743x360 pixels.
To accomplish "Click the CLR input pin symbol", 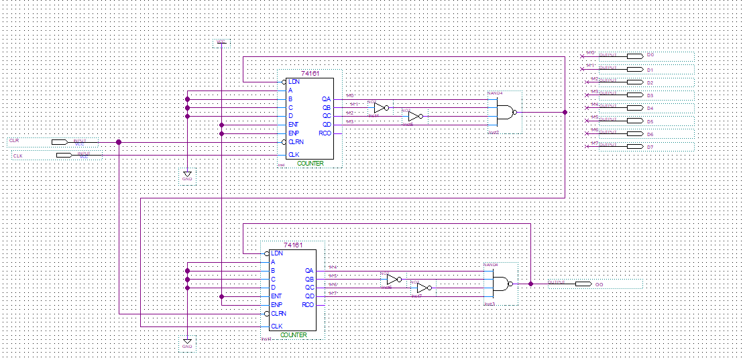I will pyautogui.click(x=60, y=142).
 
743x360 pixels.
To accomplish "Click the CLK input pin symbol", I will pyautogui.click(x=64, y=155).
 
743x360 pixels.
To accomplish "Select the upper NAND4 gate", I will pyautogui.click(x=506, y=112).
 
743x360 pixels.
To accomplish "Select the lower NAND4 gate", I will pyautogui.click(x=502, y=284).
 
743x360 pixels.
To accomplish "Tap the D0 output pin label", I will pyautogui.click(x=650, y=56).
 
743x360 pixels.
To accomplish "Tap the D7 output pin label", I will pyautogui.click(x=650, y=146).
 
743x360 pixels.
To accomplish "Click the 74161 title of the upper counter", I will pyautogui.click(x=309, y=74).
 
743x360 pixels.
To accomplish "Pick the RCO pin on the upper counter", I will pyautogui.click(x=325, y=133).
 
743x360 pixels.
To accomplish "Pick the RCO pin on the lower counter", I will pyautogui.click(x=308, y=305).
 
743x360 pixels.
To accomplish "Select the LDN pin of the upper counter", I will pyautogui.click(x=294, y=82).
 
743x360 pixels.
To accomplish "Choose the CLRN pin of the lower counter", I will pyautogui.click(x=278, y=313).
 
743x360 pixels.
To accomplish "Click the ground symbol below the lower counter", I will pyautogui.click(x=187, y=342).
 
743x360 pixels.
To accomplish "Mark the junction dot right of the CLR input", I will pyautogui.click(x=119, y=142).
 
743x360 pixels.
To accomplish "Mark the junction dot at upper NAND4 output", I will pyautogui.click(x=565, y=112).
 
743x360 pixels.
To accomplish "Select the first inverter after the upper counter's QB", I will pyautogui.click(x=381, y=108).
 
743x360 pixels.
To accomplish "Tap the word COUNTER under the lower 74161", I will pyautogui.click(x=293, y=335).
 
